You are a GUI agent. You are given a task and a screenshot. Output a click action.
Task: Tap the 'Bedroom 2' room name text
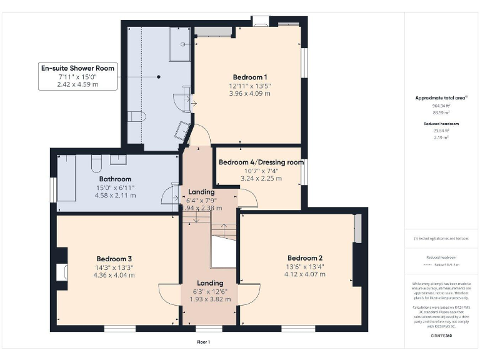(x=304, y=258)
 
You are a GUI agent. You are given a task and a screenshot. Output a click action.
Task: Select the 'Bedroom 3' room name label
(x=113, y=259)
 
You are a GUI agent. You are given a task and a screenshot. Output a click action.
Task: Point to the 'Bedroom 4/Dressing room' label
(x=261, y=162)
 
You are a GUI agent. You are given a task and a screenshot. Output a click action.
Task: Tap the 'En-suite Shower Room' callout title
(x=77, y=67)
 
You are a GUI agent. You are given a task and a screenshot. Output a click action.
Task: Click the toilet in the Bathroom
(x=96, y=164)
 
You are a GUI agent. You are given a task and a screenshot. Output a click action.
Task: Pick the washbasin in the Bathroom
(x=119, y=160)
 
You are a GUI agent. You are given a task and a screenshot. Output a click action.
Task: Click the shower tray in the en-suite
(x=181, y=44)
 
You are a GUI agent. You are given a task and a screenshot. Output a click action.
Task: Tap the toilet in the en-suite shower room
(x=137, y=117)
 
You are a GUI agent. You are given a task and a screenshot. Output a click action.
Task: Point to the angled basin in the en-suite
(x=182, y=130)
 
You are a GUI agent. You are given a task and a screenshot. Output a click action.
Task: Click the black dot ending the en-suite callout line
(x=159, y=77)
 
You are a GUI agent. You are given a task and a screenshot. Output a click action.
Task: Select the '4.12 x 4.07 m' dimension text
(x=304, y=274)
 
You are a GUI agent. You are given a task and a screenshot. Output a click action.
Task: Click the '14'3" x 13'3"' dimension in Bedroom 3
(x=113, y=267)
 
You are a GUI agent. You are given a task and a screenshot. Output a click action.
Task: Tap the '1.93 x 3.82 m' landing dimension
(x=210, y=299)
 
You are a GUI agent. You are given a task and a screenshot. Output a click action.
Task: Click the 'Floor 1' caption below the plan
(x=203, y=342)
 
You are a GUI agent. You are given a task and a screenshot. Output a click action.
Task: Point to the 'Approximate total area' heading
(x=441, y=98)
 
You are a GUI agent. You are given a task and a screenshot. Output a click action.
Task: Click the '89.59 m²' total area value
(x=441, y=113)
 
